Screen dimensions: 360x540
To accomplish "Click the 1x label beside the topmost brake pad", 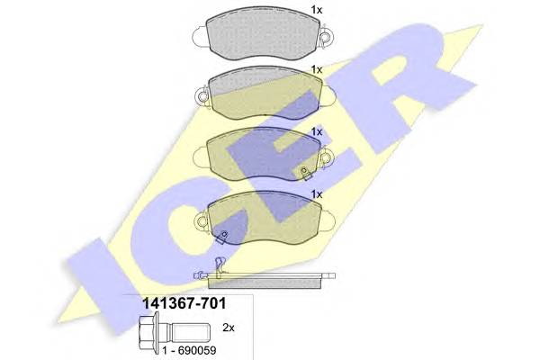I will coord(316,10).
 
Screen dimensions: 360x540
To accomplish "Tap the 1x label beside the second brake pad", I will coord(316,69).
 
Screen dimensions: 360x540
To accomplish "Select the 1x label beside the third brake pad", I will coord(316,131).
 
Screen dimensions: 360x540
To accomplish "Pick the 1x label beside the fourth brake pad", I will coord(316,193).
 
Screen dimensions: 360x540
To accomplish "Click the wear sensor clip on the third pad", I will coord(306,172).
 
